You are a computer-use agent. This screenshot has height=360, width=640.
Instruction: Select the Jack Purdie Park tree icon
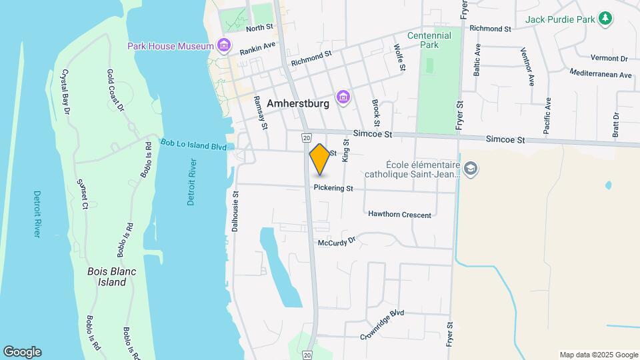pos(605,19)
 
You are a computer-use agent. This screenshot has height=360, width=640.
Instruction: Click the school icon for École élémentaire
pos(471,168)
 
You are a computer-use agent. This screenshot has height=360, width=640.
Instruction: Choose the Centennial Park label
pos(429,40)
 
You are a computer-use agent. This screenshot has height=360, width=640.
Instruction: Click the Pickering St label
pos(333,189)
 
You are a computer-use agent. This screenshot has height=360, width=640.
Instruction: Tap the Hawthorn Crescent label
pos(399,215)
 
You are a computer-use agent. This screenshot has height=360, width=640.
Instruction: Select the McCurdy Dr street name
pos(337,243)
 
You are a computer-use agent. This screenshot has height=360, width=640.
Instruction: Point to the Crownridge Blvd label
pos(383,323)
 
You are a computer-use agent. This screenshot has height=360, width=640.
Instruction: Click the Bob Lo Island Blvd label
pos(194,145)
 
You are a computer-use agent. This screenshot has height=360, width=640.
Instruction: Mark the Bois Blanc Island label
pos(107,277)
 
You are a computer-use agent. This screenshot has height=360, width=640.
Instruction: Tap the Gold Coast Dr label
pos(115,89)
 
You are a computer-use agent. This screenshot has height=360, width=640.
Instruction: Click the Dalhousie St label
pos(235,210)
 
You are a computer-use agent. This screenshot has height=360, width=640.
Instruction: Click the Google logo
pos(22,352)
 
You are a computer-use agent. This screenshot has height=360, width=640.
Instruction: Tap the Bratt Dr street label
pos(615,125)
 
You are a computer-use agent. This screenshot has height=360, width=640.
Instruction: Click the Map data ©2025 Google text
pos(598,355)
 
